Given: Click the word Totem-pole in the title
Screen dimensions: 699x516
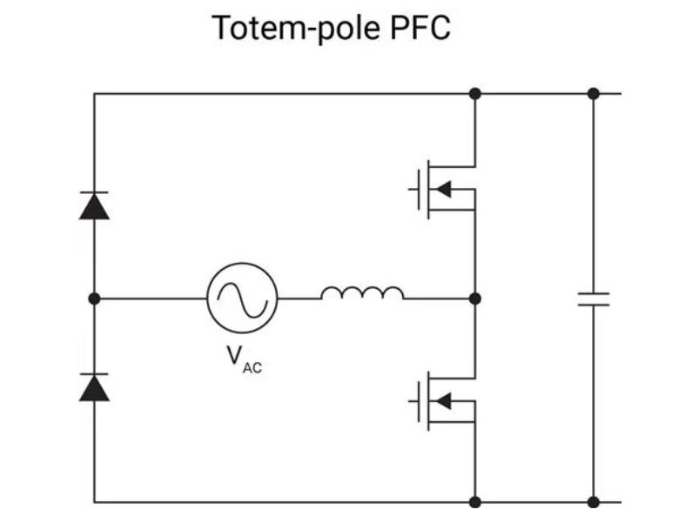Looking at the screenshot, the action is [x=296, y=29].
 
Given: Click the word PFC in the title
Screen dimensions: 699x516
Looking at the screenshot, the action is [x=420, y=28].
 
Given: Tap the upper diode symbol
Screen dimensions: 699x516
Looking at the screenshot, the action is [x=94, y=205].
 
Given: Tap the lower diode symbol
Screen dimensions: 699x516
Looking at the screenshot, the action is [x=94, y=387].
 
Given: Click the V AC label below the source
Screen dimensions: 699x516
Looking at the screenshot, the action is [x=245, y=360].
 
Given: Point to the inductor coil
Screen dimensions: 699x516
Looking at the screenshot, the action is [x=362, y=292].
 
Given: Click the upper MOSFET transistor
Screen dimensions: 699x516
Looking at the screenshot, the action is [x=442, y=189].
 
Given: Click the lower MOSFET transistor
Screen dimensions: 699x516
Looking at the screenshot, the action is [x=442, y=400].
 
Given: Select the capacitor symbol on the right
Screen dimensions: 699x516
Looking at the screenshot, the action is [x=594, y=299].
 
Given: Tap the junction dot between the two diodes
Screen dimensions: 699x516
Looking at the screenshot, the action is [x=94, y=298].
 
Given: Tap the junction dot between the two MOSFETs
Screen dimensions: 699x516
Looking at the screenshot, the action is [x=475, y=298].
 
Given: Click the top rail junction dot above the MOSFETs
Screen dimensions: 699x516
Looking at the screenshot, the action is [x=475, y=94].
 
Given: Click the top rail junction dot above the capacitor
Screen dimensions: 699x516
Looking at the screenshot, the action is [x=594, y=94].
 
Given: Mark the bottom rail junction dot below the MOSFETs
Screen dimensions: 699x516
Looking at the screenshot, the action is [x=475, y=502].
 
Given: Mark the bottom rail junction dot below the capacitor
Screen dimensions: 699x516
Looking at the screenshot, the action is [x=594, y=502].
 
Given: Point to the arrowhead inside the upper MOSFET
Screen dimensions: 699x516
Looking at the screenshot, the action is [x=444, y=189].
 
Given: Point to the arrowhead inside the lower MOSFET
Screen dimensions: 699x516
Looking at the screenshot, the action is [x=444, y=400].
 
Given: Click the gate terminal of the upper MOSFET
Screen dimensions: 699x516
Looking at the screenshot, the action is [x=413, y=190].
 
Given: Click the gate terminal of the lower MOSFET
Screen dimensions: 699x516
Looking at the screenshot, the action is [x=413, y=401].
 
